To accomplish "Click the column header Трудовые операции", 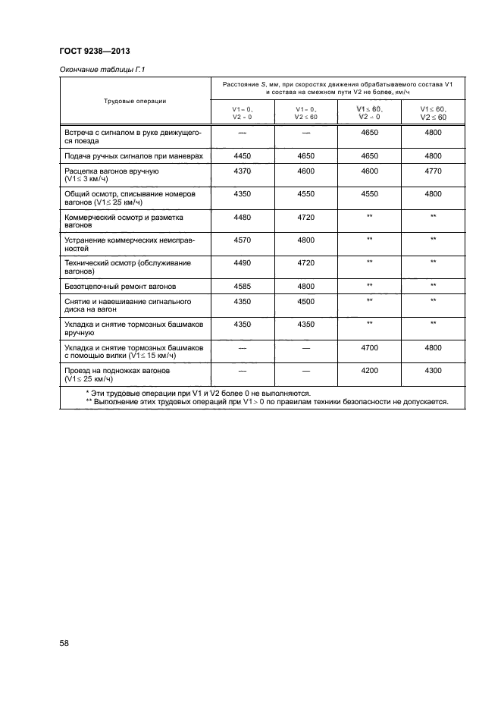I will [x=136, y=101].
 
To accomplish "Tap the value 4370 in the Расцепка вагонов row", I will [x=243, y=172].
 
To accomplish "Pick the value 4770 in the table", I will [x=433, y=172].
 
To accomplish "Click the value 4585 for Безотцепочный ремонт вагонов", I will [x=243, y=286].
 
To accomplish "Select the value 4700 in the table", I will [x=370, y=348].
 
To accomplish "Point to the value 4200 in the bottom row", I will [x=370, y=371].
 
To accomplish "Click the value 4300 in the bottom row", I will [x=433, y=371].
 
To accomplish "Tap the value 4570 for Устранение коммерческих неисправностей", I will [x=243, y=240].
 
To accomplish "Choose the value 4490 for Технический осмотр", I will [x=243, y=262].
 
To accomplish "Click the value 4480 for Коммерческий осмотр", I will [x=243, y=217].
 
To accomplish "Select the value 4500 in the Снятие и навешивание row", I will [x=306, y=302].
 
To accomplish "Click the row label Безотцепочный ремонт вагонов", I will [x=120, y=287].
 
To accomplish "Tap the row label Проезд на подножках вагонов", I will [x=117, y=371].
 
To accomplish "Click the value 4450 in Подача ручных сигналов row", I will [x=243, y=155].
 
